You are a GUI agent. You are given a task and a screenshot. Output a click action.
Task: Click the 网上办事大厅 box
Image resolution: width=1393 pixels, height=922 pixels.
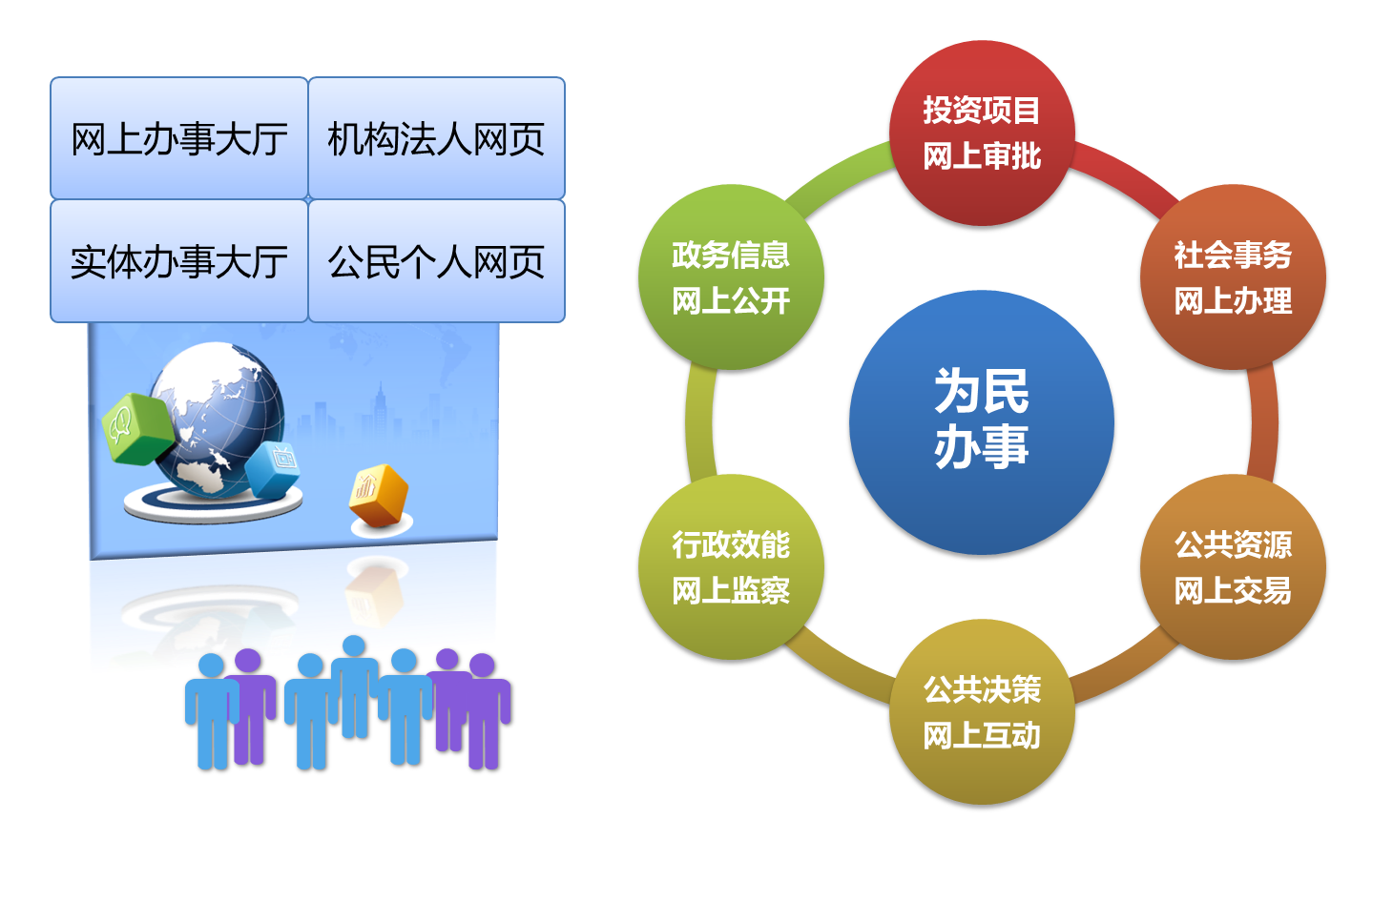click(179, 139)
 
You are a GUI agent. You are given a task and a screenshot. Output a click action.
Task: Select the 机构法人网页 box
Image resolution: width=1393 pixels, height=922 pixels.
click(436, 139)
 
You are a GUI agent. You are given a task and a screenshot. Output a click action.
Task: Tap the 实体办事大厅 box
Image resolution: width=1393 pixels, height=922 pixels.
click(179, 261)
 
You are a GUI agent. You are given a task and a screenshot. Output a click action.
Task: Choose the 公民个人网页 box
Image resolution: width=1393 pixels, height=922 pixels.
click(436, 261)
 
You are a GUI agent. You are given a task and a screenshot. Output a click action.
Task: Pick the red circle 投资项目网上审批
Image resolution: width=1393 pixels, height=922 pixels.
click(982, 133)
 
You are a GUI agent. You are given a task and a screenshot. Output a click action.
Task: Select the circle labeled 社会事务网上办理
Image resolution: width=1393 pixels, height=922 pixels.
click(1233, 277)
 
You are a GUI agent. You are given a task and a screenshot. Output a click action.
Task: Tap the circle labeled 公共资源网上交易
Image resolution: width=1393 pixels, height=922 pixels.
click(1233, 567)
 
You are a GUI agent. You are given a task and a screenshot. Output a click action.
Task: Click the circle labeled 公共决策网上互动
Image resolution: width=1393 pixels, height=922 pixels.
click(982, 712)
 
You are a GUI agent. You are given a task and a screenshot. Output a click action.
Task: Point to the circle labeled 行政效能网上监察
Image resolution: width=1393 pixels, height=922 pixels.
click(731, 567)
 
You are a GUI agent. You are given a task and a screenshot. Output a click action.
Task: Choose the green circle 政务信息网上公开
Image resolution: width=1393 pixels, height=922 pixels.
click(731, 277)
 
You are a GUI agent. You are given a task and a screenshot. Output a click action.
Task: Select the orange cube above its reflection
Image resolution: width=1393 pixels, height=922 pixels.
click(380, 494)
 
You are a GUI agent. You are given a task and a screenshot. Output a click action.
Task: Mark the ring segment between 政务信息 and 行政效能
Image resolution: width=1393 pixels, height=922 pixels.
click(699, 422)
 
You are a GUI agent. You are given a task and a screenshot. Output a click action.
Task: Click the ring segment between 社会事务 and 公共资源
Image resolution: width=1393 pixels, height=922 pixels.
click(1264, 422)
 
